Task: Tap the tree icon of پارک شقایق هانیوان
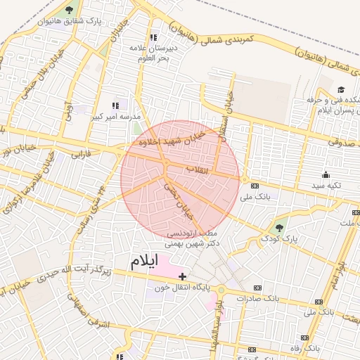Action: tap(69, 10)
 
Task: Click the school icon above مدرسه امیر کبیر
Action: tap(116, 105)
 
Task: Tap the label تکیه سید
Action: tap(326, 186)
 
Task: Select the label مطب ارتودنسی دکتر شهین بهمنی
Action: tap(191, 238)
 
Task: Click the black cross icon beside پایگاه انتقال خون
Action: tap(184, 276)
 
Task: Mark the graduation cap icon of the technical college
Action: tap(341, 89)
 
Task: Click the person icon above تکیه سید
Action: tap(326, 175)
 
